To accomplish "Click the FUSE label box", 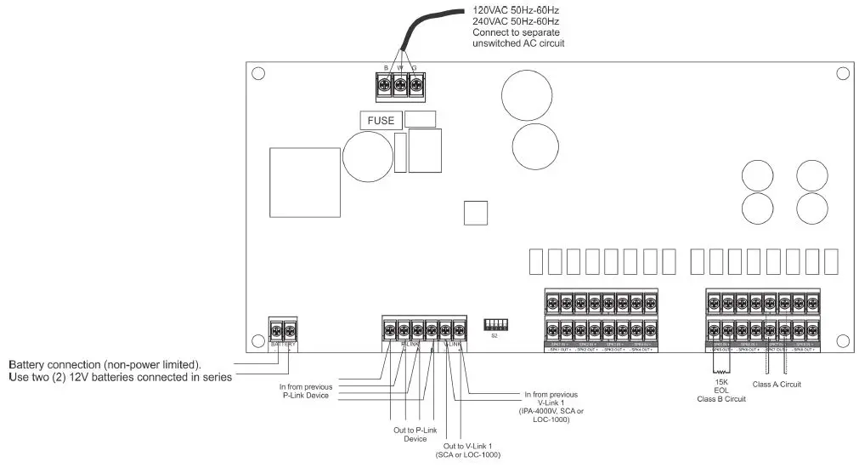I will click(x=381, y=121).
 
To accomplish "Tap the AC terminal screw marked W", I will click(x=400, y=83).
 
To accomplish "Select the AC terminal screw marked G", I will click(x=415, y=83).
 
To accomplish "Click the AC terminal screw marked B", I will click(x=385, y=83).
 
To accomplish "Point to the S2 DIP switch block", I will click(x=494, y=324).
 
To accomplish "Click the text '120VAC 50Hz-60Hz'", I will click(x=516, y=10).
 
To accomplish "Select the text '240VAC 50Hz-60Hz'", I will click(x=516, y=21).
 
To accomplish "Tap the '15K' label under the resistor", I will click(x=721, y=382).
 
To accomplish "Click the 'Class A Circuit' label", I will click(x=777, y=385).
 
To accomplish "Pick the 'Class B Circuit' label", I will click(x=721, y=399).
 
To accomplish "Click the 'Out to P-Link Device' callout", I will click(x=410, y=434).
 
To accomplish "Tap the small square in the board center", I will click(x=476, y=213).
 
